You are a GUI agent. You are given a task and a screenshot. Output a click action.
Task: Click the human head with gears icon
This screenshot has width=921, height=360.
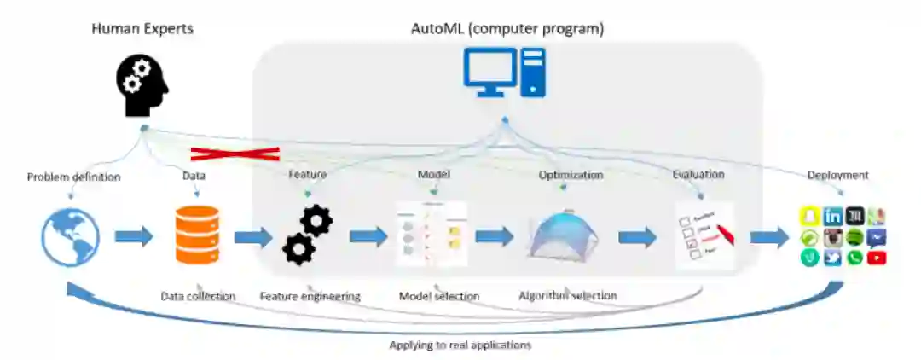point(142,84)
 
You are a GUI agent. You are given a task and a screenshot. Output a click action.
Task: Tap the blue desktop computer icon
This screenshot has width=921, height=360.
point(504,73)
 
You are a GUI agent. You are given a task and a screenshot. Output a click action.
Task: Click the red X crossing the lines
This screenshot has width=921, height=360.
point(235,154)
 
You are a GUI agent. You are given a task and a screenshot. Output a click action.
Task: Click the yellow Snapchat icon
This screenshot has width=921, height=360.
point(809,217)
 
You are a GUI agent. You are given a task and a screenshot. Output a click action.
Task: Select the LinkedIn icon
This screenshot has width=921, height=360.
point(833,217)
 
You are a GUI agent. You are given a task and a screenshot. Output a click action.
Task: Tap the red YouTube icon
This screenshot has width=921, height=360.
point(877,258)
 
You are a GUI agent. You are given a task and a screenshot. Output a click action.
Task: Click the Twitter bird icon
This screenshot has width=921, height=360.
point(833,258)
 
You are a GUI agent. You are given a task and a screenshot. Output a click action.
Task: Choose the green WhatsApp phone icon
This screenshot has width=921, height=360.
point(855,258)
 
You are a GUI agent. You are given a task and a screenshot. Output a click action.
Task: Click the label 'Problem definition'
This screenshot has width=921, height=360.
point(73,177)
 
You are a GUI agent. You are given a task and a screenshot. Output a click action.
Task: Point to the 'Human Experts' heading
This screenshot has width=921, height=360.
point(142,29)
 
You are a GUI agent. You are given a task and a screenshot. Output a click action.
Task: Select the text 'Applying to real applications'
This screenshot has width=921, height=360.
point(460,345)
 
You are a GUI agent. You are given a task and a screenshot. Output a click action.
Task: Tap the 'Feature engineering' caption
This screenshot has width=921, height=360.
point(310,296)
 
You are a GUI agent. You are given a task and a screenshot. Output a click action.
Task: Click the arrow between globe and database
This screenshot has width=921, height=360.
point(132,235)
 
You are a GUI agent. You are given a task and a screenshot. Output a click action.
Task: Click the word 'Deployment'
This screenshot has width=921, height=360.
point(838,175)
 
